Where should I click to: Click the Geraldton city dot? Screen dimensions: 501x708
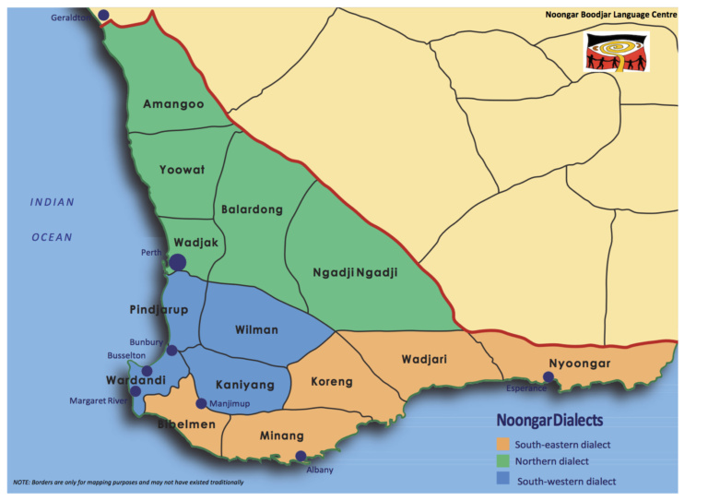click(103, 15)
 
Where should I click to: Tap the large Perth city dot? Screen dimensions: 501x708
click(178, 263)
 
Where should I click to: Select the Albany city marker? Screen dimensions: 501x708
click(301, 456)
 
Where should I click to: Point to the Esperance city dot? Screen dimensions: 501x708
click(549, 377)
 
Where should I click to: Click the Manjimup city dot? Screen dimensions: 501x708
click(201, 403)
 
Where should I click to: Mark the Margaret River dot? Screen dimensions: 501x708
click(136, 391)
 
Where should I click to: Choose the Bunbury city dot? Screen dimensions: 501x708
click(172, 350)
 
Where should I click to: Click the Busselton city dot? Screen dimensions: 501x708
click(147, 371)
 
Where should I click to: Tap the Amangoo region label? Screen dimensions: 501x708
click(173, 105)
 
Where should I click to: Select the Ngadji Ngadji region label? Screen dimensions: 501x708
click(355, 272)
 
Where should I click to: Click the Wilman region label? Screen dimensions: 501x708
click(256, 328)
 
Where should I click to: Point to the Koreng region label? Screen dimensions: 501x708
click(332, 381)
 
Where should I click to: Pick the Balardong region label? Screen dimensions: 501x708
click(252, 209)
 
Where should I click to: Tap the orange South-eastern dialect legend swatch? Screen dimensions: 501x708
click(503, 444)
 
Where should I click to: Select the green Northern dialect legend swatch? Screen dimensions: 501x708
click(503, 462)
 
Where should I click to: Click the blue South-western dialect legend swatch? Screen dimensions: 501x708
click(503, 481)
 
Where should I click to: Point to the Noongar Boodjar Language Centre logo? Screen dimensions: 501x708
click(617, 52)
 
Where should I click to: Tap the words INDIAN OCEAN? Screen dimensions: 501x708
click(52, 220)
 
